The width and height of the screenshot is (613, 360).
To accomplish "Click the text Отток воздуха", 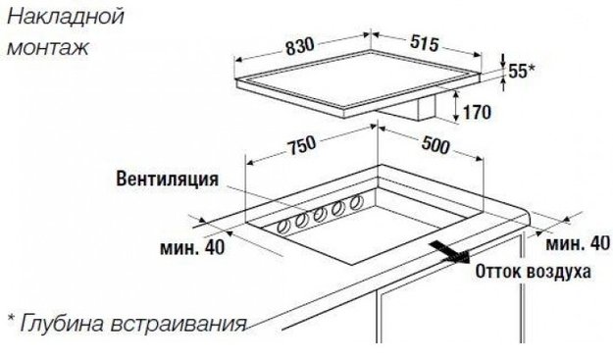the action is coord(534,270).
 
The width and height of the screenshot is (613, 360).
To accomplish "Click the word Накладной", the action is coord(56,18).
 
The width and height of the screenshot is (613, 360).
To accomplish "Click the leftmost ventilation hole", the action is coord(284,225).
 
